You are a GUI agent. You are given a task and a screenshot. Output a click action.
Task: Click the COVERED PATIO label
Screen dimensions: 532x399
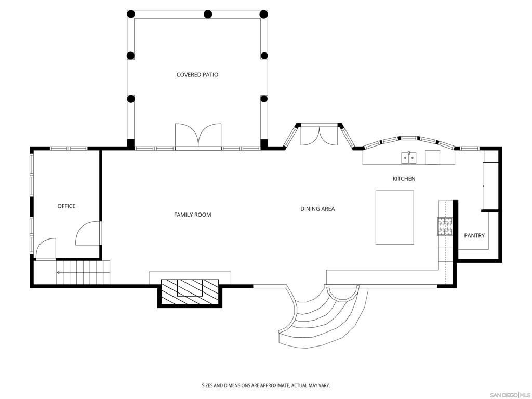coord(197,75)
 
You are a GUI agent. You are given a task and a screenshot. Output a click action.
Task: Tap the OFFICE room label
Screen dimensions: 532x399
coord(66,206)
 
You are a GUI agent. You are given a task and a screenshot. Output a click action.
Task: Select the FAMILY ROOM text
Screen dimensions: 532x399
coord(192,215)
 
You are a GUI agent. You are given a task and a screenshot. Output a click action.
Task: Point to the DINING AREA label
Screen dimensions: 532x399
coord(317,209)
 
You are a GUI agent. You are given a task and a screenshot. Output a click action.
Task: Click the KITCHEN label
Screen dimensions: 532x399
coord(404,179)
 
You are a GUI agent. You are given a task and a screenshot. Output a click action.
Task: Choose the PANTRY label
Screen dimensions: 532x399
coord(474,235)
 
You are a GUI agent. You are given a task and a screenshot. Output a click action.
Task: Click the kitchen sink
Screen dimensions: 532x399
coord(409,157)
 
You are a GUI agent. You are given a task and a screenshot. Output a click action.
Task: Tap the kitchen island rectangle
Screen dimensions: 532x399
coord(395,218)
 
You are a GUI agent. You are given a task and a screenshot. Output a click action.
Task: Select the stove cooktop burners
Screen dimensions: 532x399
coord(445,227)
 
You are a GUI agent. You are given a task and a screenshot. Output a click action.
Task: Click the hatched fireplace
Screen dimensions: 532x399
coord(190,292)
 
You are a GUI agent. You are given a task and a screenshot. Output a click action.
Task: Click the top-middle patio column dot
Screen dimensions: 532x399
coord(208,14)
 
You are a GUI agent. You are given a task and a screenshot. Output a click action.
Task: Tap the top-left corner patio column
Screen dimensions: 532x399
coord(131,14)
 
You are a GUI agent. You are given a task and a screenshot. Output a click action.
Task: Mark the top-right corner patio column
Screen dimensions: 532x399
coord(263,14)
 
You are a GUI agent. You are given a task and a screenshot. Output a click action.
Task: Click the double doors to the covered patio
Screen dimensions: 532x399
coord(198,136)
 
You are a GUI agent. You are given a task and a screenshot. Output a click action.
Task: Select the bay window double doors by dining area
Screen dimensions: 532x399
coord(320,135)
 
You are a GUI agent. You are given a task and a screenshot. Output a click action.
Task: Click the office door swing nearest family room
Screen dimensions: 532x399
coord(88,233)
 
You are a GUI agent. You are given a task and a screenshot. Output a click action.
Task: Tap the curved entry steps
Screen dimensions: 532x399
coord(323,315)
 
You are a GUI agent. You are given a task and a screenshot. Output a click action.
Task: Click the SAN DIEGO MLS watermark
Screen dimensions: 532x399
coord(510,395)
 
